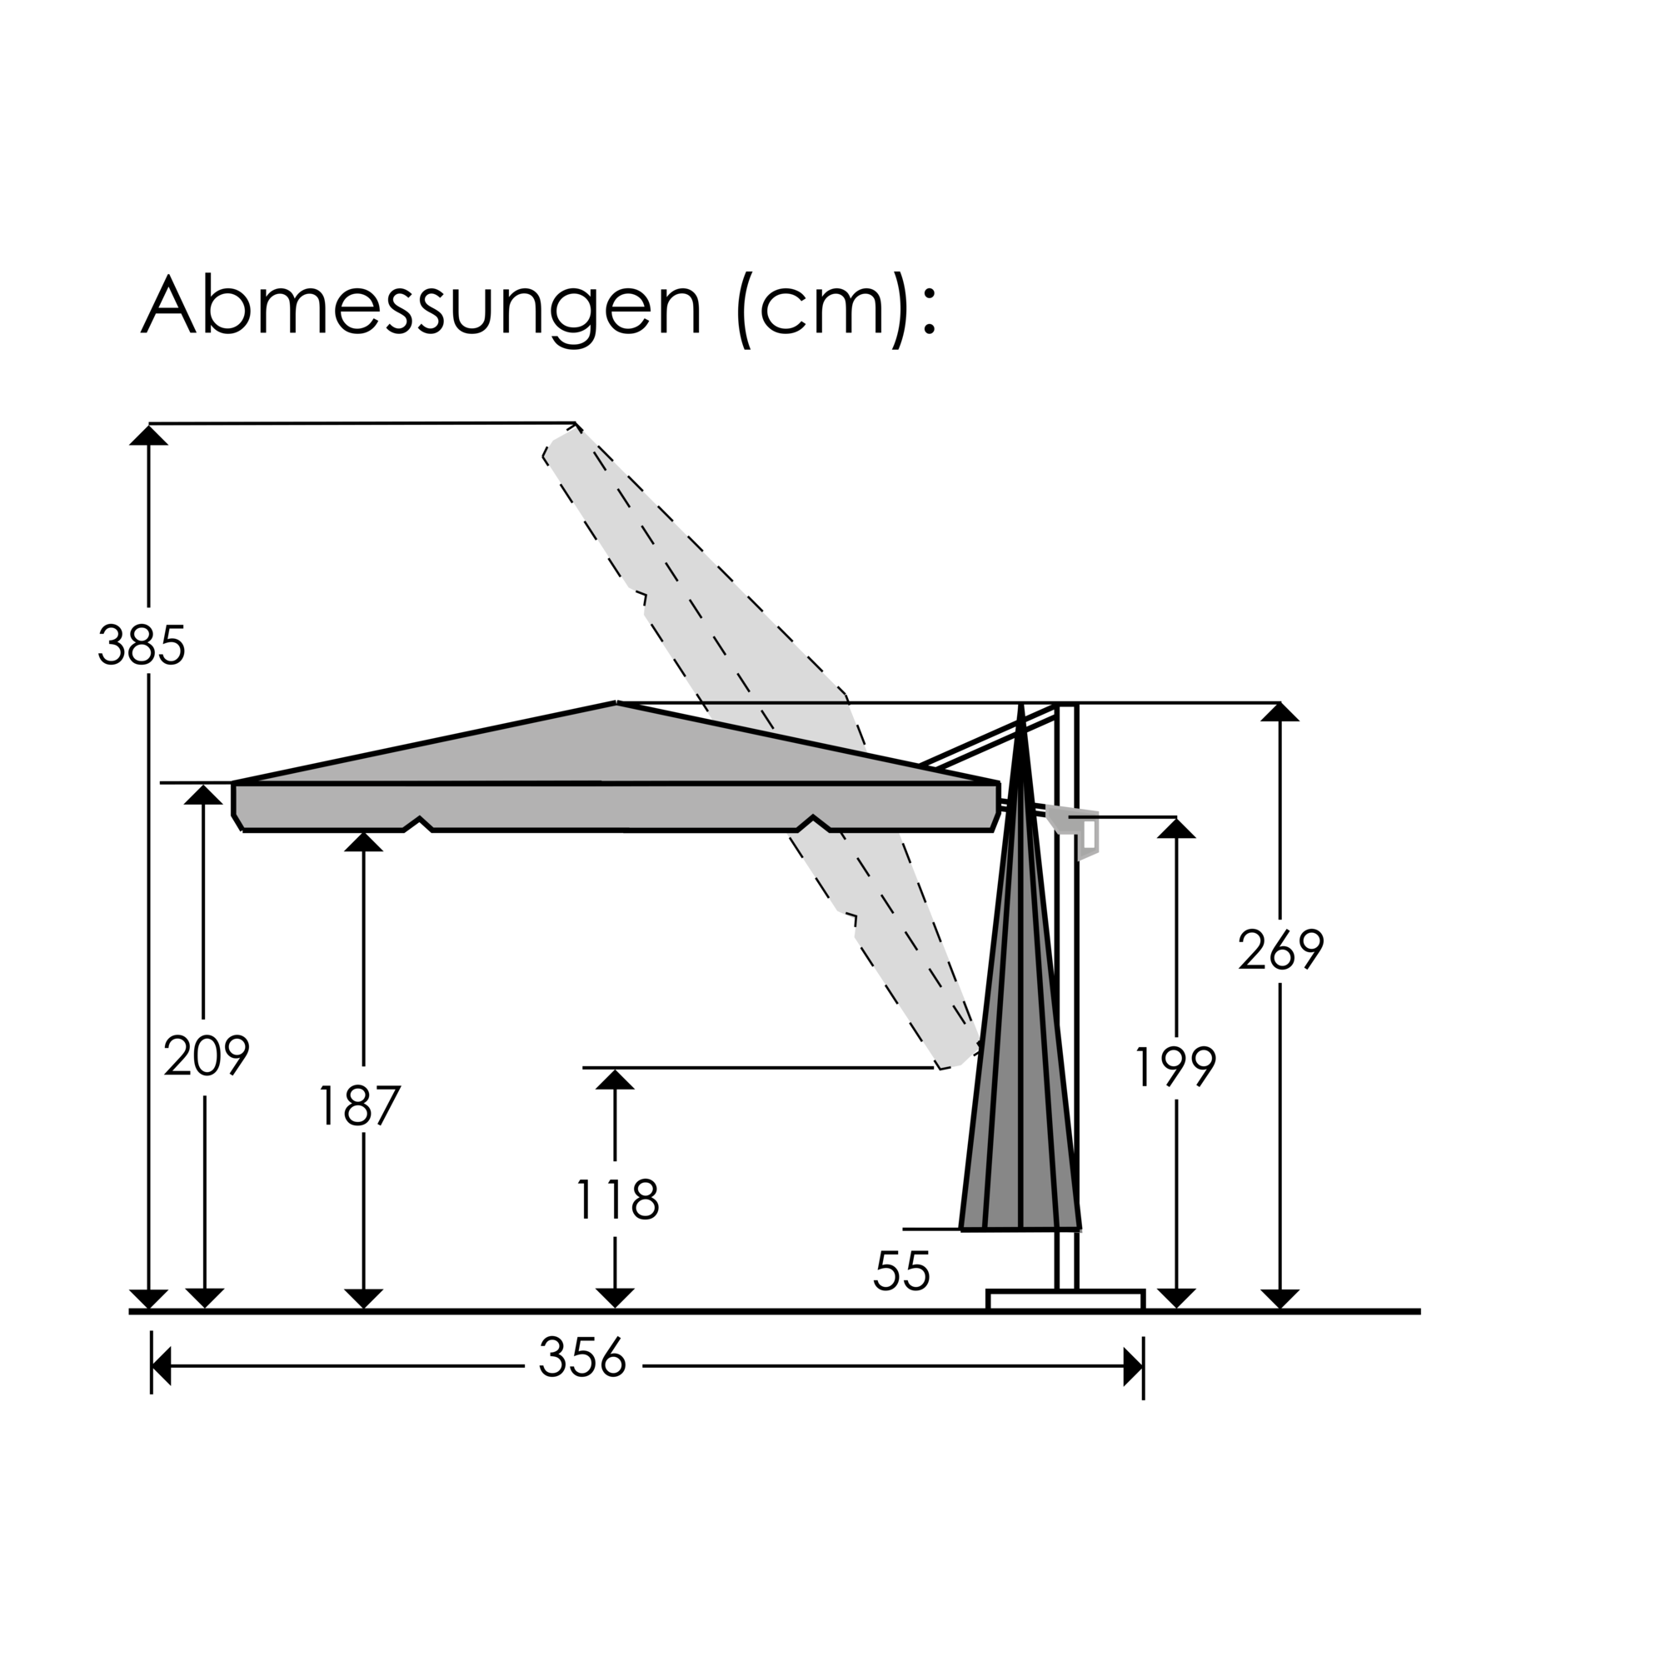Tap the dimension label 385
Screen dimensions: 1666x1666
[x=142, y=646]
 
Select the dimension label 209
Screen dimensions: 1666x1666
[x=206, y=1056]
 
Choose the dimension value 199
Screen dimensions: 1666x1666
[x=1175, y=1068]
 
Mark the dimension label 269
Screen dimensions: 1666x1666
[x=1280, y=950]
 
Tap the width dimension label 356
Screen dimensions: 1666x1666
[x=582, y=1358]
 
